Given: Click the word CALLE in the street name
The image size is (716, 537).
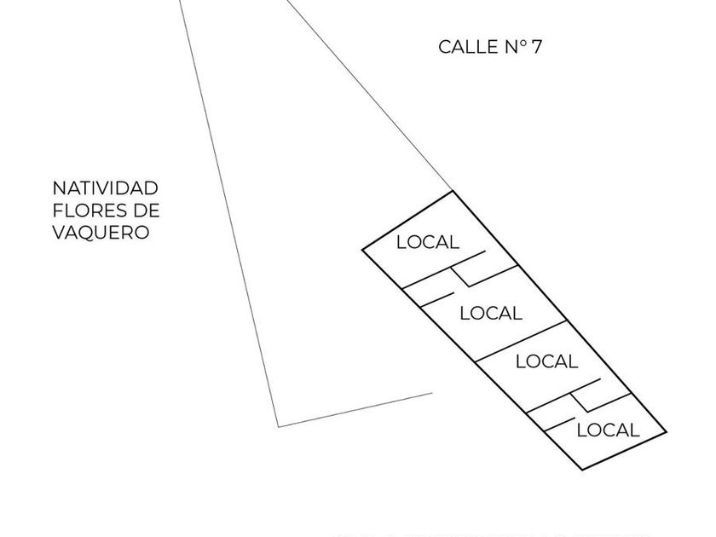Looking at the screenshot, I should pyautogui.click(x=465, y=47).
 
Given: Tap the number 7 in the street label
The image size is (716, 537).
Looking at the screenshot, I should pyautogui.click(x=536, y=47).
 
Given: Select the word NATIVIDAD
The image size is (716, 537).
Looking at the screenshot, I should pyautogui.click(x=105, y=188).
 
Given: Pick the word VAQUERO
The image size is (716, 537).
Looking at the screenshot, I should pyautogui.click(x=101, y=232).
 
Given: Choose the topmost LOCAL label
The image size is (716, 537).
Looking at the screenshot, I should pyautogui.click(x=427, y=242).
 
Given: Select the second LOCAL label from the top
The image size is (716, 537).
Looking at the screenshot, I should pyautogui.click(x=490, y=314).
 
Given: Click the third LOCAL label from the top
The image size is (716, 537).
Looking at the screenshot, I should pyautogui.click(x=546, y=361).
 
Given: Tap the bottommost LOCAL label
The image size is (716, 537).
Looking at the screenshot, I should pyautogui.click(x=608, y=430).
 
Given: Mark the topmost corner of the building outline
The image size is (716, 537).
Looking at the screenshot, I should pyautogui.click(x=452, y=191).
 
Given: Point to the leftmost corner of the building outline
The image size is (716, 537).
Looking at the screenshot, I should pyautogui.click(x=363, y=251).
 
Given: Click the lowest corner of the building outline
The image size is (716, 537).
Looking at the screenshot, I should pyautogui.click(x=581, y=470).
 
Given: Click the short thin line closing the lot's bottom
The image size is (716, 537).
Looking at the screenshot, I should pyautogui.click(x=355, y=410).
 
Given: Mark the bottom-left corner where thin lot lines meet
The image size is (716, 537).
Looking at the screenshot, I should pyautogui.click(x=279, y=425).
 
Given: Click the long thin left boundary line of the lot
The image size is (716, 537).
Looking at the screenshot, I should pyautogui.click(x=228, y=213).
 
